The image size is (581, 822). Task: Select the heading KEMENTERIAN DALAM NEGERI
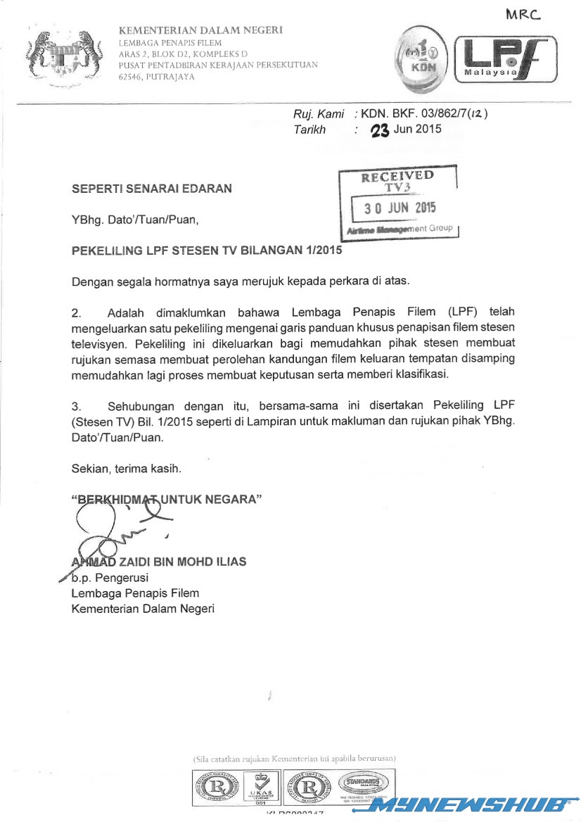coord(200,30)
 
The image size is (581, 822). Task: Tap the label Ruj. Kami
coord(319,114)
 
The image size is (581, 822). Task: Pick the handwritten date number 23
coord(380,129)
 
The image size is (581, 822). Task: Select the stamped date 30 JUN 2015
coord(400,208)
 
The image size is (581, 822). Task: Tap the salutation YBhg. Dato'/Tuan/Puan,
coord(135,220)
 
